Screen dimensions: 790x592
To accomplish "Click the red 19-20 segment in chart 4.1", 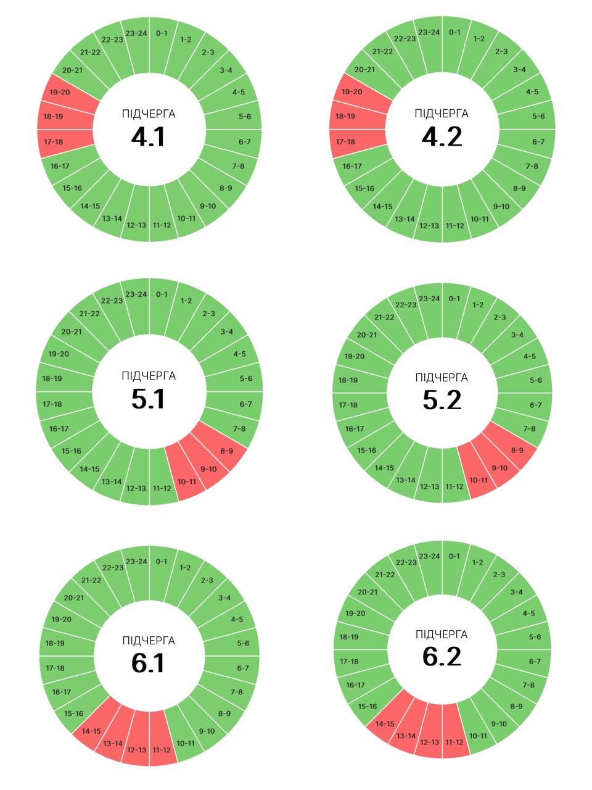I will click(x=59, y=92).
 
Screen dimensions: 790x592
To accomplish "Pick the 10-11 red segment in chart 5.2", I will click(x=479, y=480).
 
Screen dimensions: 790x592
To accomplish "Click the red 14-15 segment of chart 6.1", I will click(x=91, y=731).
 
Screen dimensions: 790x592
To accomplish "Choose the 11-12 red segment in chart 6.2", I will click(x=454, y=742).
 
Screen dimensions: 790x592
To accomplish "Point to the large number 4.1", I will click(x=149, y=136).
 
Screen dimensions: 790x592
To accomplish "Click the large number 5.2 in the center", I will click(x=442, y=400).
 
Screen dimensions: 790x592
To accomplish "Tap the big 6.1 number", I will click(x=149, y=663).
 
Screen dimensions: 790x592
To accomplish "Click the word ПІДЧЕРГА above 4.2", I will click(x=442, y=114).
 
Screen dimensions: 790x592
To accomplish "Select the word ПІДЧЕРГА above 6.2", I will click(x=442, y=634).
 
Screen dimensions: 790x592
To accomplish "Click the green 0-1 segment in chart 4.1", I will click(x=162, y=33).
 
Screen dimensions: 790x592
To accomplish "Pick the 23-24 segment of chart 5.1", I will click(x=136, y=294).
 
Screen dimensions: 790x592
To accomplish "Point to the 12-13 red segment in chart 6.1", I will click(x=136, y=750).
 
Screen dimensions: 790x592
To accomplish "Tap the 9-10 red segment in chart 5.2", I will click(x=499, y=468).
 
